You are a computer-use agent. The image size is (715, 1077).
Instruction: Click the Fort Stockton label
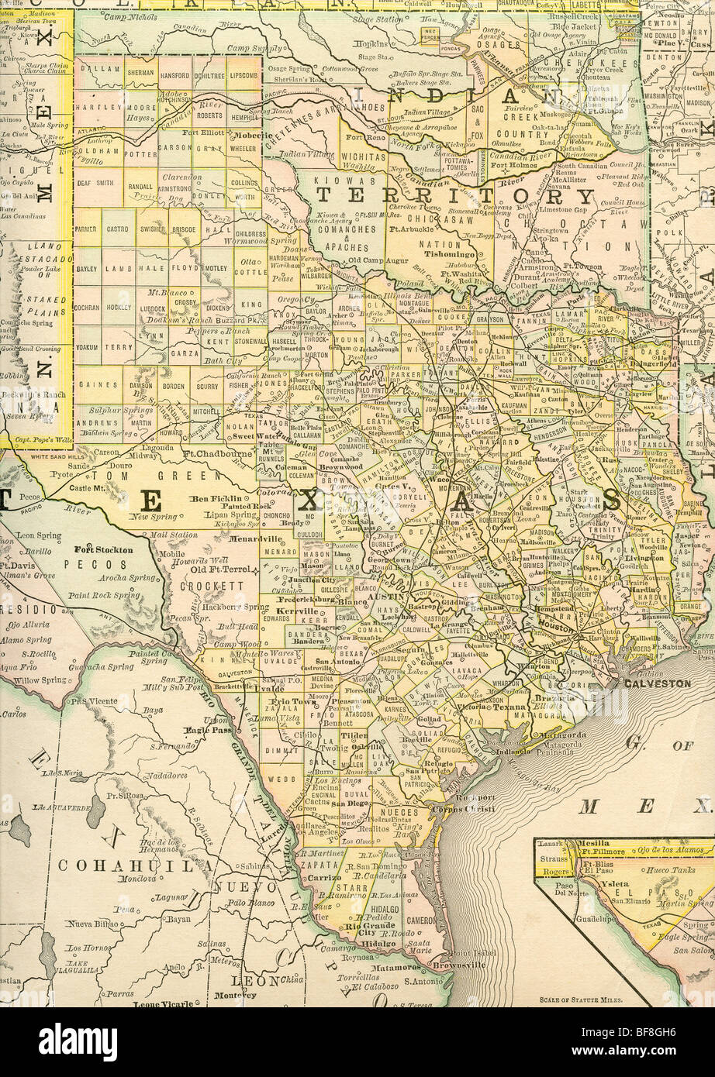pyautogui.click(x=104, y=549)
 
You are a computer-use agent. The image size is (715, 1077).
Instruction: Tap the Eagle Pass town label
pyautogui.click(x=204, y=730)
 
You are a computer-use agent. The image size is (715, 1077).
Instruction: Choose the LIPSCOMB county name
pyautogui.click(x=244, y=75)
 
